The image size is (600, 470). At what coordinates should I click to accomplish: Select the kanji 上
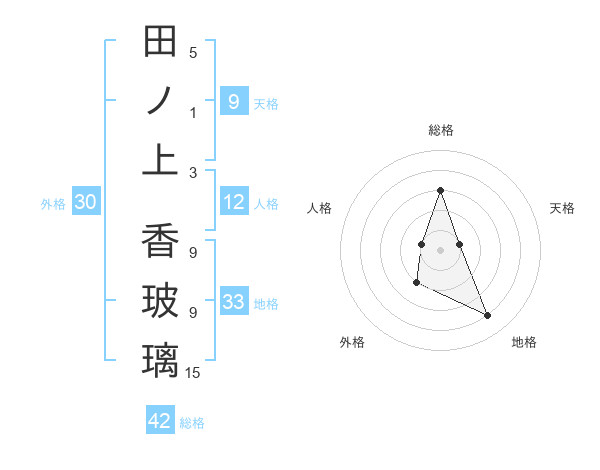coord(160,160)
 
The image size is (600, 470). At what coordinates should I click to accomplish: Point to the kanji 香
coord(160,241)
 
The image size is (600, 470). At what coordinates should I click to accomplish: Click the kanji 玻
coord(160,301)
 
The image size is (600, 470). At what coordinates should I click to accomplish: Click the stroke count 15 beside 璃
coord(193,373)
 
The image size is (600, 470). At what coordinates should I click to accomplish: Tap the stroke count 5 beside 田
coord(193,53)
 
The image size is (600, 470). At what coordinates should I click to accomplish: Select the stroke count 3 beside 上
coord(193,172)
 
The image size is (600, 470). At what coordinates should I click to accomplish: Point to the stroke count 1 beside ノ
coord(193,113)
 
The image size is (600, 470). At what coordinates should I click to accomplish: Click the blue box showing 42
coord(160,421)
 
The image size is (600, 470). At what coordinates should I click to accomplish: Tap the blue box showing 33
coord(234,302)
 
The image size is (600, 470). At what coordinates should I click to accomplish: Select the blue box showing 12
coord(234,203)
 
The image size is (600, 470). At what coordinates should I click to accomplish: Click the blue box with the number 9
coord(234,101)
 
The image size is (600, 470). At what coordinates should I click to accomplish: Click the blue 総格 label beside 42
coord(192,423)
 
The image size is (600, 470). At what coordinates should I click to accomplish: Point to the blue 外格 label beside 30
coord(53,204)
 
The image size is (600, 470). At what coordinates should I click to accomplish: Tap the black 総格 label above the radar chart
coord(440,130)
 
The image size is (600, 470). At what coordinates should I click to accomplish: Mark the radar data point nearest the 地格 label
coord(488,316)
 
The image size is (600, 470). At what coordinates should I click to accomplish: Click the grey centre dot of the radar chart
coord(441,248)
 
